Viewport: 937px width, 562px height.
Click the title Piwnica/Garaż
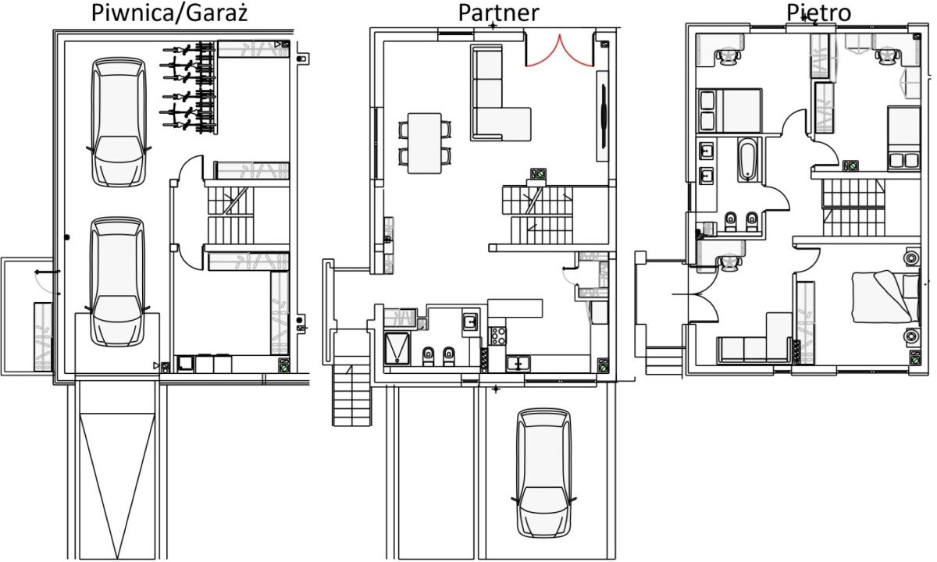(169, 12)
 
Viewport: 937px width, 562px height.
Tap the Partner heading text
(499, 12)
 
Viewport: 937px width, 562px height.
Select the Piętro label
(818, 12)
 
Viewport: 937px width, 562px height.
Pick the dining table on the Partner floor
(425, 143)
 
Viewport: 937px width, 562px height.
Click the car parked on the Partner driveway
(543, 473)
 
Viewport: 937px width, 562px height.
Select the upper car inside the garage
(119, 122)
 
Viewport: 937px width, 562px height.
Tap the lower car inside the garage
(118, 282)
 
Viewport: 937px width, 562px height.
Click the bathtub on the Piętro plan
(748, 159)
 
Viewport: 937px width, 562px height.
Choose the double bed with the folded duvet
(886, 297)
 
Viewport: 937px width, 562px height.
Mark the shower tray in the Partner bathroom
(397, 348)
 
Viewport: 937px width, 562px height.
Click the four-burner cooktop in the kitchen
(498, 336)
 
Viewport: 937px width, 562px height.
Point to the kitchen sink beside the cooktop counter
(518, 364)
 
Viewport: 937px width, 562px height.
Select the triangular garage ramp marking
(117, 485)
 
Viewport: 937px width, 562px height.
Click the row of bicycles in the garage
(188, 87)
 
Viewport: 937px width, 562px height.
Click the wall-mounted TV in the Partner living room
(604, 116)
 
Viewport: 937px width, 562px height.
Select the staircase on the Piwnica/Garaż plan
(231, 215)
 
